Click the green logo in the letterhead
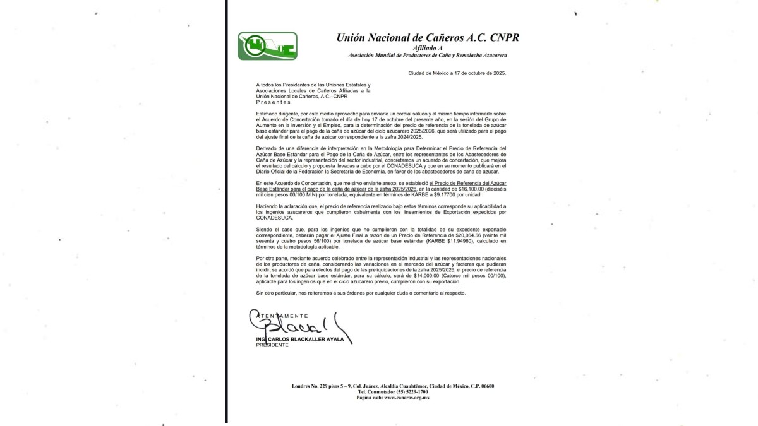pyautogui.click(x=267, y=45)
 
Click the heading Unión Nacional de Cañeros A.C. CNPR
pyautogui.click(x=428, y=38)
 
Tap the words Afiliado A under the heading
pyautogui.click(x=428, y=48)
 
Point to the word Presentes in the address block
pyautogui.click(x=274, y=101)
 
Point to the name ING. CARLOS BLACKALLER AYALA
pyautogui.click(x=300, y=340)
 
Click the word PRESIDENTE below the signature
pyautogui.click(x=272, y=345)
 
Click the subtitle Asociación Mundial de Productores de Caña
pyautogui.click(x=428, y=55)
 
